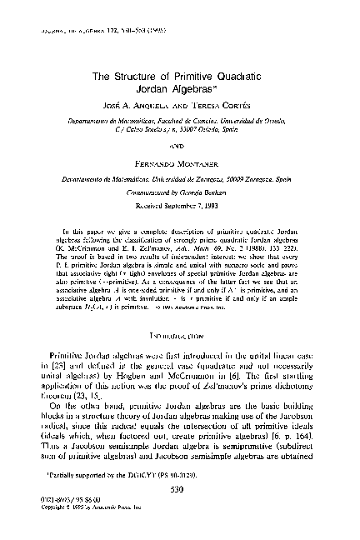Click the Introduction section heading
click(179, 312)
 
